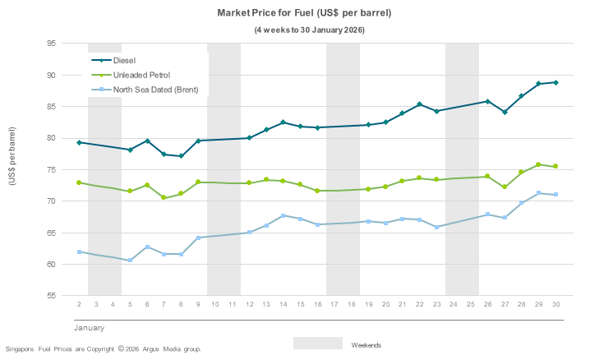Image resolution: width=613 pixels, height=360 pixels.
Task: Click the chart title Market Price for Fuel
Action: [x=304, y=14]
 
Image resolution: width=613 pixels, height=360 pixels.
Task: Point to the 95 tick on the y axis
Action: [x=51, y=44]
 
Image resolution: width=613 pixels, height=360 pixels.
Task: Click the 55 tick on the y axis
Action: [x=51, y=296]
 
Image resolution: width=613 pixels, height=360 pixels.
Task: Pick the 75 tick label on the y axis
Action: [x=51, y=170]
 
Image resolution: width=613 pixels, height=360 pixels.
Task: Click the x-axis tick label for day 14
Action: [x=283, y=304]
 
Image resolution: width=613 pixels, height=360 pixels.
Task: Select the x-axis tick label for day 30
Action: [x=555, y=304]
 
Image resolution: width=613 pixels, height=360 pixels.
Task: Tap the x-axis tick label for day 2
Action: [x=79, y=304]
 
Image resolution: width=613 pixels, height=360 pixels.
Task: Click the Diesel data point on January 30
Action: [x=555, y=82]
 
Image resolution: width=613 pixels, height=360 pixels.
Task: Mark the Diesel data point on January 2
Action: [x=79, y=142]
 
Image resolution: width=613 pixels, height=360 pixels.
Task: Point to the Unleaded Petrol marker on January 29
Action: [x=538, y=164]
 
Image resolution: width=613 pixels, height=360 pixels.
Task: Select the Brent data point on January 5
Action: [x=130, y=261]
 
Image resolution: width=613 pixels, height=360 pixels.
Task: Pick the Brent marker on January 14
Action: [x=283, y=215]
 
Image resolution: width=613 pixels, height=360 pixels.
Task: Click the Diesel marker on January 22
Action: [x=419, y=104]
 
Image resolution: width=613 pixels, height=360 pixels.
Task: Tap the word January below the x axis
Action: [x=89, y=328]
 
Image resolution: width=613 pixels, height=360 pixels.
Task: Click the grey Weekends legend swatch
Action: [x=317, y=344]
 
